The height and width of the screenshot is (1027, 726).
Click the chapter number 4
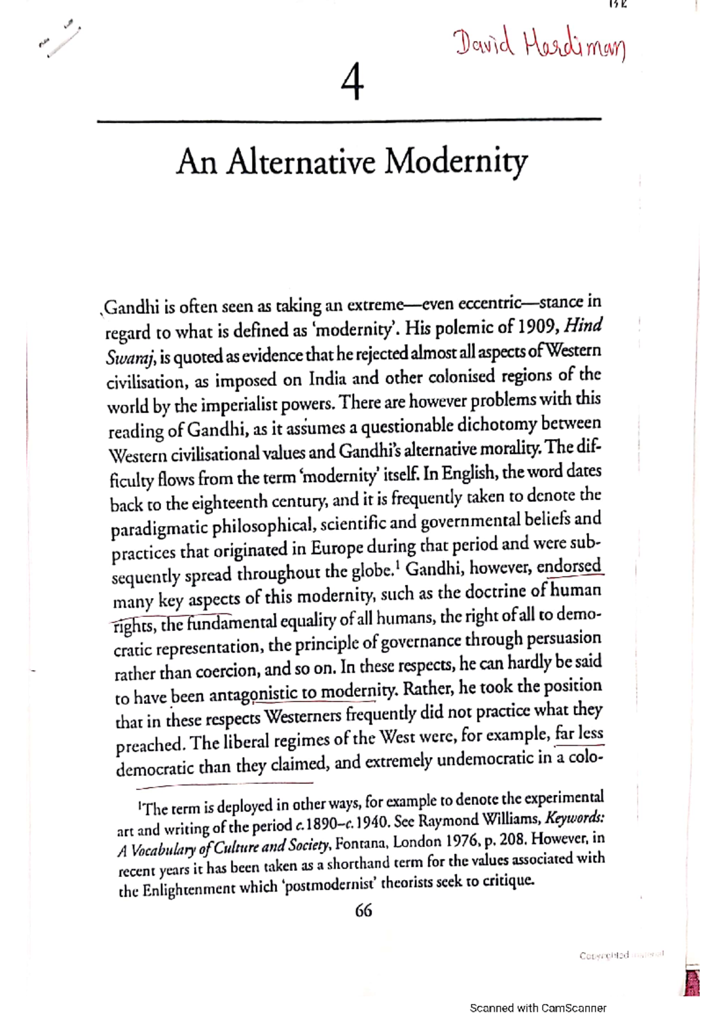352,83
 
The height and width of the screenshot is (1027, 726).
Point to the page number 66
363,910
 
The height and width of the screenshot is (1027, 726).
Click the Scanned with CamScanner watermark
538,1008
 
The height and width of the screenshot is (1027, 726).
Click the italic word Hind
583,325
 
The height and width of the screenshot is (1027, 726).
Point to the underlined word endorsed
569,567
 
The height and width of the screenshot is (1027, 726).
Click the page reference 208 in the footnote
513,840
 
